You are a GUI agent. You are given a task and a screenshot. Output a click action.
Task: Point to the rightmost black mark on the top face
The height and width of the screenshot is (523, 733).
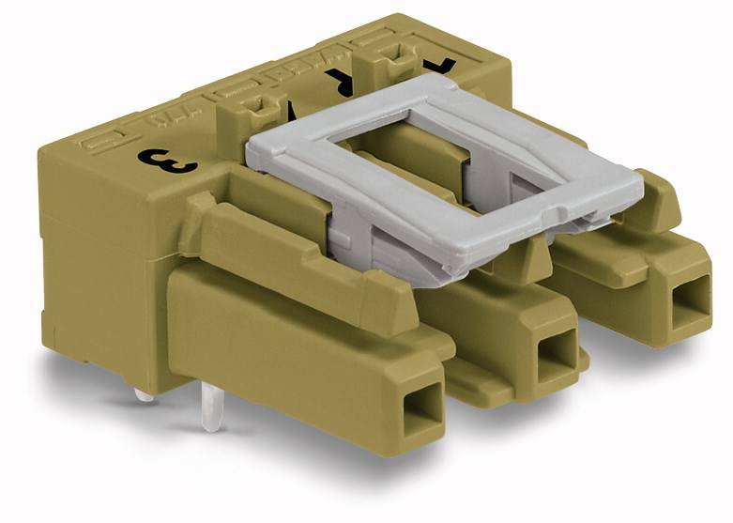pyautogui.click(x=442, y=67)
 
